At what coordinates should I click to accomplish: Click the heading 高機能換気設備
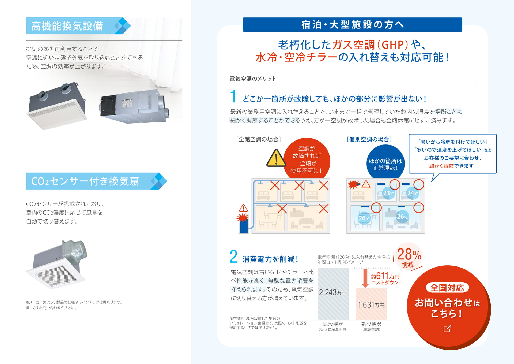(x=67, y=26)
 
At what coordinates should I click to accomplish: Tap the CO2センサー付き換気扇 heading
(x=85, y=181)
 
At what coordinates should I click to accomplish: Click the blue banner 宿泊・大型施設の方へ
(x=352, y=25)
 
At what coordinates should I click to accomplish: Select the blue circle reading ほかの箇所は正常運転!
(x=385, y=164)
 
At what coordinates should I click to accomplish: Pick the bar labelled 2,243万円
(x=333, y=294)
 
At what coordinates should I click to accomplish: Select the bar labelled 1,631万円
(x=371, y=304)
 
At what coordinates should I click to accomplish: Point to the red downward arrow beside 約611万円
(x=365, y=278)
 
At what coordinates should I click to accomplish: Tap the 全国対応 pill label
(x=447, y=288)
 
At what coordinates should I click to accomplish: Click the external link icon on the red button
(x=447, y=328)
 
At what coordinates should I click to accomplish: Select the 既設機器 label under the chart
(x=333, y=324)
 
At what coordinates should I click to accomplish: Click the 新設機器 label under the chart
(x=371, y=324)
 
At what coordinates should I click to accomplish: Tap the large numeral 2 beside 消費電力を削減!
(x=233, y=257)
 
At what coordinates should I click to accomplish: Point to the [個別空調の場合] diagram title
(x=369, y=139)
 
